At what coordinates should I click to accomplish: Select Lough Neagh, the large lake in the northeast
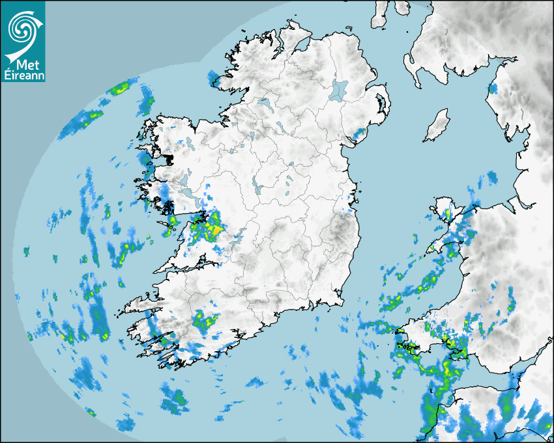point(339,89)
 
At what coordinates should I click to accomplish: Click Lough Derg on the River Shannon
point(239,235)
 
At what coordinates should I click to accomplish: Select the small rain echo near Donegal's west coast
point(214,79)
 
